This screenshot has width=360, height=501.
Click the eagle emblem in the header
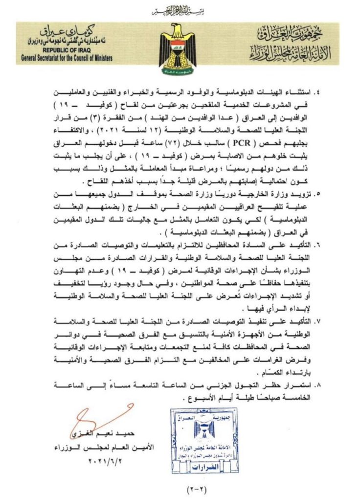point(180,48)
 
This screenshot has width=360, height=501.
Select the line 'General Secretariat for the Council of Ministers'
point(67,58)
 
